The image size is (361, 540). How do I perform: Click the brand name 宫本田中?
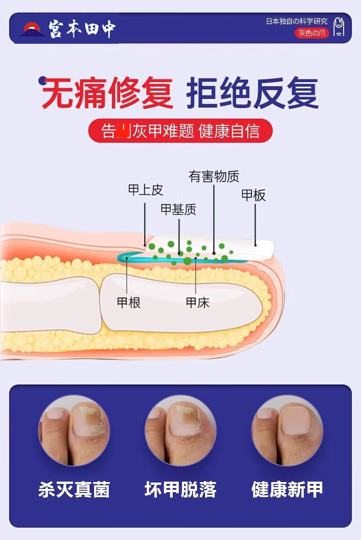click(82, 29)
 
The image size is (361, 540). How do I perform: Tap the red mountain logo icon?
click(32, 29)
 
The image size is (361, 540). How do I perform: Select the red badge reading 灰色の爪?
click(312, 33)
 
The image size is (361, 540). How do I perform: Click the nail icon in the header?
click(338, 28)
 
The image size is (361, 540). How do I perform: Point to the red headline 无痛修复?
click(108, 93)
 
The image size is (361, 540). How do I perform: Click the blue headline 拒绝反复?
click(252, 93)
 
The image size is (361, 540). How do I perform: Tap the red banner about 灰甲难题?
click(180, 131)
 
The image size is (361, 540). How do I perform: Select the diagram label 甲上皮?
click(145, 190)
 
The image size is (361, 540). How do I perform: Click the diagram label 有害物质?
click(214, 177)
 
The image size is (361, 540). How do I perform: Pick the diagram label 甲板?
click(253, 196)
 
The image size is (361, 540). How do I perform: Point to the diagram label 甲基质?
click(178, 210)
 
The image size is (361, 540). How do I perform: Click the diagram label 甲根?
click(128, 302)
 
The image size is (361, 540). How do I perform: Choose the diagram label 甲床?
click(197, 302)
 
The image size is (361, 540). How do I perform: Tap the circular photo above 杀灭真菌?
click(74, 430)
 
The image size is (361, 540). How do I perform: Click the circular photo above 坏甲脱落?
click(180, 430)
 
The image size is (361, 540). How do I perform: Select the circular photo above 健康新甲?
click(287, 430)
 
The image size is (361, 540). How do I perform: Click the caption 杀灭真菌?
click(74, 489)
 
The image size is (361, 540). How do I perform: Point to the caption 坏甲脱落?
click(180, 489)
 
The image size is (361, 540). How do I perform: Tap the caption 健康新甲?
click(287, 489)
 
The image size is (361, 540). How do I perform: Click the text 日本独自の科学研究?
click(297, 21)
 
